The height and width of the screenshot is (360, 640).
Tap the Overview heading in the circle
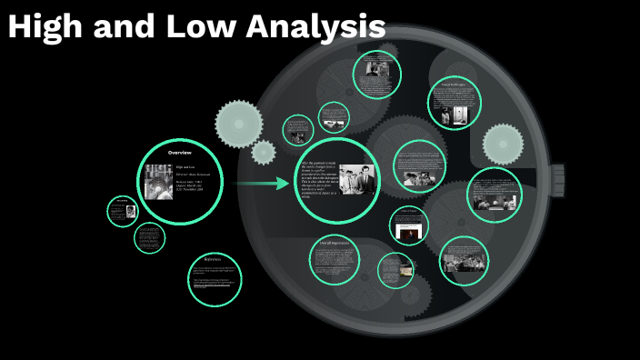179,152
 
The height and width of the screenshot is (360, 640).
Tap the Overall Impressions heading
333,243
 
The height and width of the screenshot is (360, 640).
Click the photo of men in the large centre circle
357,179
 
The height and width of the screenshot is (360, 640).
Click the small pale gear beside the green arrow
264,152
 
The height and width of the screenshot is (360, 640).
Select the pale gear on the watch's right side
502,144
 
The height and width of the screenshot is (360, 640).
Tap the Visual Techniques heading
454,85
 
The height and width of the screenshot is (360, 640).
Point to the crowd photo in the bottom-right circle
464,263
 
